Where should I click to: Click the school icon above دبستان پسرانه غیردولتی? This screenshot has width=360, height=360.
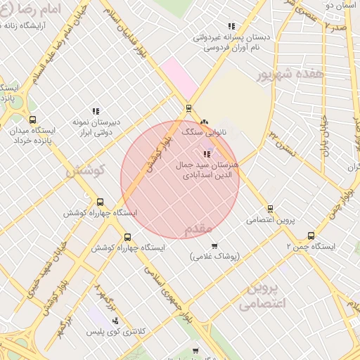click(x=231, y=27)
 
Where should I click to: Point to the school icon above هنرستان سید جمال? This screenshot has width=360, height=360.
click(x=206, y=154)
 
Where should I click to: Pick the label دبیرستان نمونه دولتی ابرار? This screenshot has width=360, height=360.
click(x=96, y=126)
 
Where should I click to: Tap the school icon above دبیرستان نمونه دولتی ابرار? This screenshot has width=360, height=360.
click(x=96, y=110)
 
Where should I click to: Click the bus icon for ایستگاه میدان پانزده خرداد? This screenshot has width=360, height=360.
click(x=32, y=120)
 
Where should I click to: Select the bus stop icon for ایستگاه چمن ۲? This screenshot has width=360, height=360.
click(x=311, y=236)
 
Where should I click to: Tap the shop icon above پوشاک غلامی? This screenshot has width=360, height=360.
click(x=214, y=245)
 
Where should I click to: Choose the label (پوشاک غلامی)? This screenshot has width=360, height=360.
click(x=214, y=257)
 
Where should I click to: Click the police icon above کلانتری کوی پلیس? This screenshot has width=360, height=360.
click(x=115, y=321)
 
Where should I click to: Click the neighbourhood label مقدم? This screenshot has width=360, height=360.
click(x=198, y=229)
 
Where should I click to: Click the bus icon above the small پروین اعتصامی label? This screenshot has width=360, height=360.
click(x=271, y=209)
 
